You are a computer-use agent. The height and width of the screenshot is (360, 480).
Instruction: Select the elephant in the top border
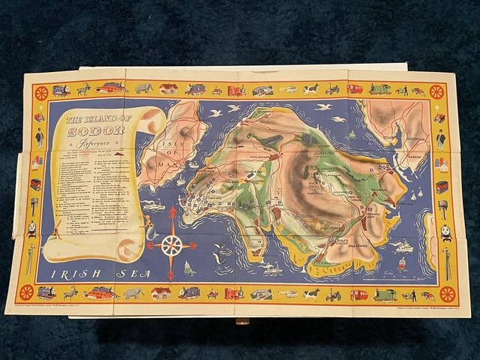tap(144, 89)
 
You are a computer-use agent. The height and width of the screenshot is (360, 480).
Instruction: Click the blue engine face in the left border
tap(32, 230)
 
